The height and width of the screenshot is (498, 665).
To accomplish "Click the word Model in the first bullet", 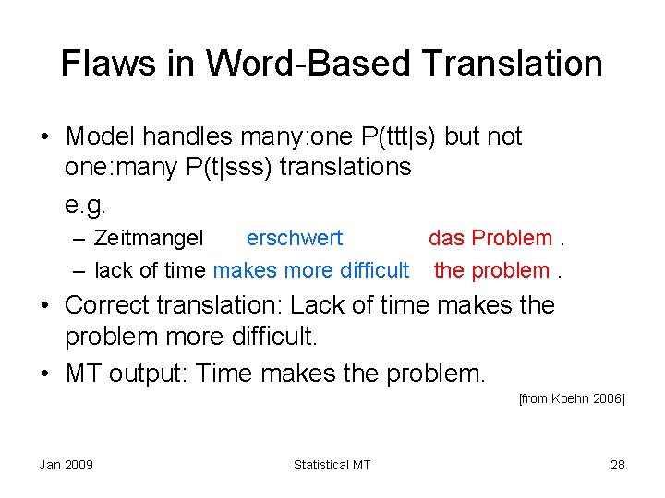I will [x=100, y=136].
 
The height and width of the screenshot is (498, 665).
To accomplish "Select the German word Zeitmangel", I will [x=149, y=238].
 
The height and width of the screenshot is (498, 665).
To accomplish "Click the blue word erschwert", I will [x=294, y=238].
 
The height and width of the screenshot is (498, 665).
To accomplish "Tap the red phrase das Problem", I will [x=490, y=238].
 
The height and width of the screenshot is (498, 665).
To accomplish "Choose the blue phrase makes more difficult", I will [x=310, y=270].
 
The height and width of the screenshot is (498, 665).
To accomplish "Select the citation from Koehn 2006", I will [x=572, y=398].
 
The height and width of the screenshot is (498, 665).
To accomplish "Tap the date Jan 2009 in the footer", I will [x=66, y=465].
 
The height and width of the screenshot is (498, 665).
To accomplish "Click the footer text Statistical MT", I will [x=332, y=465].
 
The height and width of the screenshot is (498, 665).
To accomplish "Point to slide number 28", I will [x=617, y=465].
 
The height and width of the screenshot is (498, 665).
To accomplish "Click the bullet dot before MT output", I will [x=45, y=373].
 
